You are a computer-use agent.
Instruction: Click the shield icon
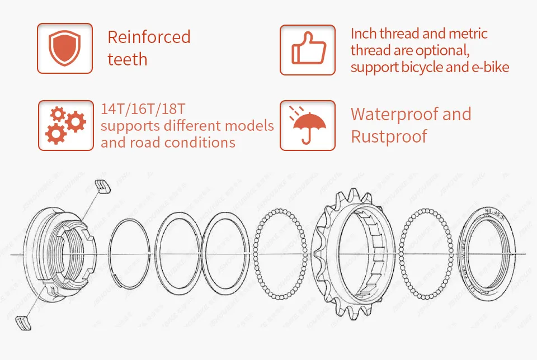65,48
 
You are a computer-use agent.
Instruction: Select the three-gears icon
65,125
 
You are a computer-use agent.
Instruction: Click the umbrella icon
307,125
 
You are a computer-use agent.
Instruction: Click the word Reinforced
149,37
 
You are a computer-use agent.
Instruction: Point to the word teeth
127,59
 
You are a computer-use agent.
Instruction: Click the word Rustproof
389,136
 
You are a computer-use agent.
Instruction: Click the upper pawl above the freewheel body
102,186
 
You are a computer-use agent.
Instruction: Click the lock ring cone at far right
490,255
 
